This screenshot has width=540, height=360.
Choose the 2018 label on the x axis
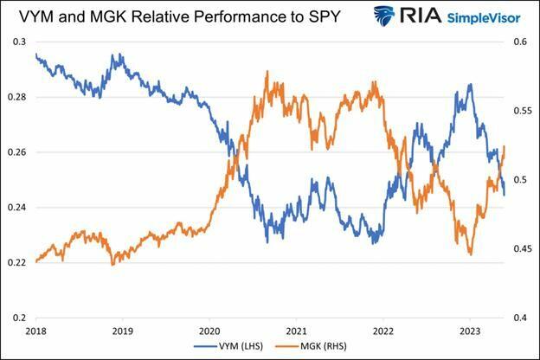35,331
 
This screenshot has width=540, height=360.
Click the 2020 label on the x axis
209,331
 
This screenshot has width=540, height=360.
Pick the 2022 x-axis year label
382,331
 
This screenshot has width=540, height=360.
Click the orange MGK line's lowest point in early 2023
471,254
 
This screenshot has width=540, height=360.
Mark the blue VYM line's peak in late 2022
470,85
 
